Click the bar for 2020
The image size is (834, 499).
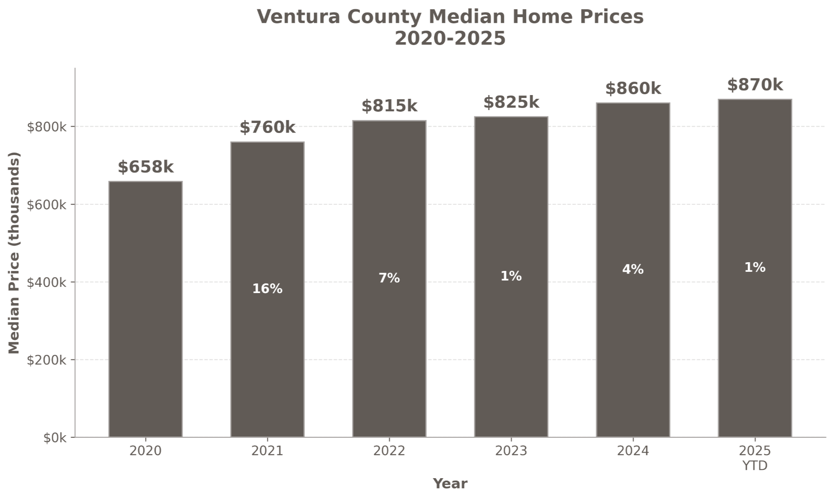click(146, 309)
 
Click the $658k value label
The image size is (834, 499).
click(146, 167)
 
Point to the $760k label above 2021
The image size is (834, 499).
click(267, 127)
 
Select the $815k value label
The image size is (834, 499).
click(389, 106)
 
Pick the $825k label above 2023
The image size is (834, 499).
click(511, 102)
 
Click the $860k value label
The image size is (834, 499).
click(633, 88)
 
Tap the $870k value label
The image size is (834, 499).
click(755, 85)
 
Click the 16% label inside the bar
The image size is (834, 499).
click(267, 288)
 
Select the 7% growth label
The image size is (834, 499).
click(389, 278)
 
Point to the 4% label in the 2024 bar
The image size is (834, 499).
click(633, 269)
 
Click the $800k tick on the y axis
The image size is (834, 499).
click(46, 127)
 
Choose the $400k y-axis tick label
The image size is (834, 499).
click(46, 282)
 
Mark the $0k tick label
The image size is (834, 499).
click(55, 438)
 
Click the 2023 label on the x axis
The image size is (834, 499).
click(511, 451)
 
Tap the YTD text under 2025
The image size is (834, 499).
click(755, 466)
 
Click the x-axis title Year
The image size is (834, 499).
click(450, 484)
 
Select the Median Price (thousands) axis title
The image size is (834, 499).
click(14, 253)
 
